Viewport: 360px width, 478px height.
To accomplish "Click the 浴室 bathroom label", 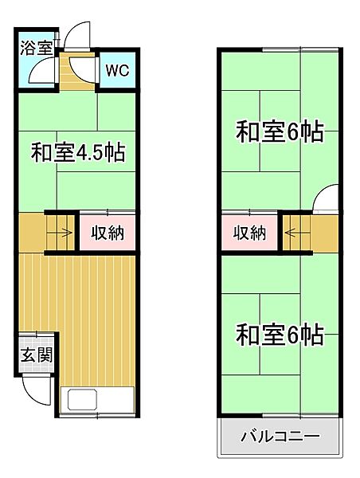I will coord(37,46).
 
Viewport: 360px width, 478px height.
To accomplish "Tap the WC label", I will coord(118,69).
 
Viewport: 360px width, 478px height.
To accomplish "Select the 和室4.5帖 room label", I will coord(80,153).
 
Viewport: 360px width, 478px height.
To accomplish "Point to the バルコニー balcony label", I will coord(281,437).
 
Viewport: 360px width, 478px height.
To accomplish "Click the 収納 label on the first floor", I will coord(106,233).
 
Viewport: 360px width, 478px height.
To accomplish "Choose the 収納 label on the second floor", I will coord(249,233).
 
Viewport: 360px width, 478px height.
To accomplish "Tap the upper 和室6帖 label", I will coord(279,131).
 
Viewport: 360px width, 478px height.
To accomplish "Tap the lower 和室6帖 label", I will coord(279,335).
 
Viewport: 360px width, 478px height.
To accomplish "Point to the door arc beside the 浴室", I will coord(78,38).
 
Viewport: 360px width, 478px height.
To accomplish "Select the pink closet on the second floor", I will coord(249,233).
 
